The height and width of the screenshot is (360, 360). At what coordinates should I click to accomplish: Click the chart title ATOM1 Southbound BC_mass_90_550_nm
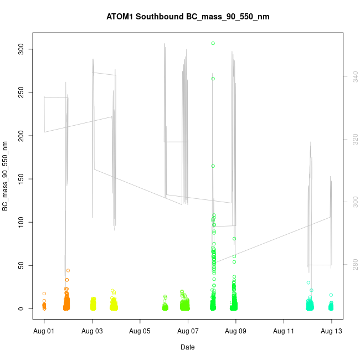188,17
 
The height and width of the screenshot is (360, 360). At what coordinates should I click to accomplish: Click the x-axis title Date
187,347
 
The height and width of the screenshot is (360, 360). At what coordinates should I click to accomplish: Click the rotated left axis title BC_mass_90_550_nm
5,176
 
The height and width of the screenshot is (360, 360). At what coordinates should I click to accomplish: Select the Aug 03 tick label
92,331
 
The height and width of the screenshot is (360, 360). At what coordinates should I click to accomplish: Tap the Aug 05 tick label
140,331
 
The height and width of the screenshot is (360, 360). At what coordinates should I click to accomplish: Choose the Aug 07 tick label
188,331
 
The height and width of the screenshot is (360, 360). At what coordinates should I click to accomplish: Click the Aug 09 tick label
236,331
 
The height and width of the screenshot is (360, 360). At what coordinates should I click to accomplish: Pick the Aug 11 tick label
284,331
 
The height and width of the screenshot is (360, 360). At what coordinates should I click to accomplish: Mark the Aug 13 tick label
332,331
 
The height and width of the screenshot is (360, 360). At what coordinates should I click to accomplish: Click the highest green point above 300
213,43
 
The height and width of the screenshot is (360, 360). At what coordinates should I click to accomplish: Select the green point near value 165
213,166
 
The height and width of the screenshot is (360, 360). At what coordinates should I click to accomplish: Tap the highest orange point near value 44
68,270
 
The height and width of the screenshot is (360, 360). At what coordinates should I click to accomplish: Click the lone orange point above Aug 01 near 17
44,294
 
